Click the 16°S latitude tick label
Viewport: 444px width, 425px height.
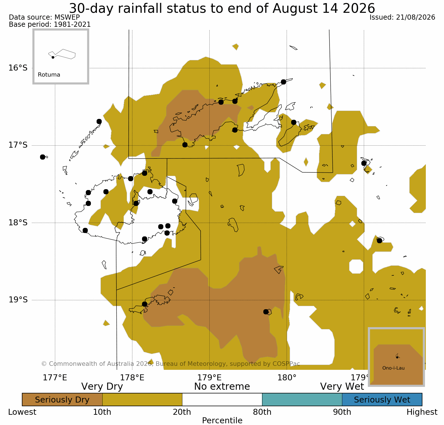point(18,68)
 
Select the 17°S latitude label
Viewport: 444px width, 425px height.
point(18,145)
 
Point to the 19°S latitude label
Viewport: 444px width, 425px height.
point(18,300)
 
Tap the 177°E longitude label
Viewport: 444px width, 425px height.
point(55,378)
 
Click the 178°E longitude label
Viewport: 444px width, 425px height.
point(132,378)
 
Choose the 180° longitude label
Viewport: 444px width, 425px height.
point(287,378)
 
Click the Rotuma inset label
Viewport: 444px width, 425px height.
point(49,75)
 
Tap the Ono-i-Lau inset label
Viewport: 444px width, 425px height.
point(393,368)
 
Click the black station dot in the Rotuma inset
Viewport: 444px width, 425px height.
point(53,57)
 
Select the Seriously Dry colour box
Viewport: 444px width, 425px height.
point(62,400)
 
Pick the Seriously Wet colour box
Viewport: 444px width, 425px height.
point(382,400)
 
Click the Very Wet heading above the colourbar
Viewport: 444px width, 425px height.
point(342,387)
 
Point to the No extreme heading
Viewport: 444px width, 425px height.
point(222,387)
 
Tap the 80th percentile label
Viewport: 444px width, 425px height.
point(262,412)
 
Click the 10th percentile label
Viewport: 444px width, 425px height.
point(102,412)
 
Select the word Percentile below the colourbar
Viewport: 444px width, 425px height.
point(222,421)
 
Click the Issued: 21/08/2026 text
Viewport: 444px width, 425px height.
point(402,17)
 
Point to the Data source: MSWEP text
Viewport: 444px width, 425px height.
point(44,17)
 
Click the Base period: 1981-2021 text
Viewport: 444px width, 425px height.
point(50,24)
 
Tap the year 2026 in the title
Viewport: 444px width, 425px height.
point(359,8)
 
